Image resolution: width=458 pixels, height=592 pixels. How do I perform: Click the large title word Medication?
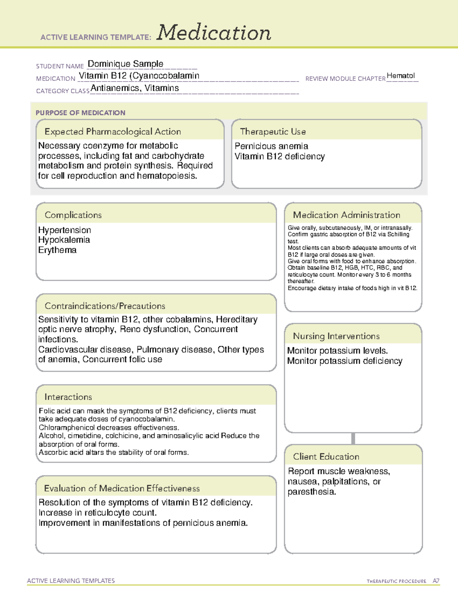tap(214, 33)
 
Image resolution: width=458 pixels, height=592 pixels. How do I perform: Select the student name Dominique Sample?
tap(125, 64)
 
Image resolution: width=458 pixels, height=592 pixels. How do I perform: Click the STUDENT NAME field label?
tap(60, 66)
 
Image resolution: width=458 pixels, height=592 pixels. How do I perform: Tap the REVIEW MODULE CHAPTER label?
tap(345, 79)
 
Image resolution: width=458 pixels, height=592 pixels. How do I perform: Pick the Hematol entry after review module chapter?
tap(400, 75)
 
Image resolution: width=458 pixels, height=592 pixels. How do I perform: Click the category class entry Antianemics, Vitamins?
tap(135, 88)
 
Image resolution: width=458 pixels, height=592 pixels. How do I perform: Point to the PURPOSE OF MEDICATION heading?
tap(80, 113)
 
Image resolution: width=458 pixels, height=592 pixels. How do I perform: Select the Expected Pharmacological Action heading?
tap(113, 132)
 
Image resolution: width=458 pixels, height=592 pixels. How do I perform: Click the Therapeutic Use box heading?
tap(273, 132)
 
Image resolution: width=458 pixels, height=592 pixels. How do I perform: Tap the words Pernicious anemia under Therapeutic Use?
tap(271, 146)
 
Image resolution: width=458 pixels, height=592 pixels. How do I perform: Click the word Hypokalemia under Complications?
tap(64, 240)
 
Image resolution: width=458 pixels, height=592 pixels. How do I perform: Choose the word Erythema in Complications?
tap(57, 250)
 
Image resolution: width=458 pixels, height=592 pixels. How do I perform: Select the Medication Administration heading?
tap(346, 215)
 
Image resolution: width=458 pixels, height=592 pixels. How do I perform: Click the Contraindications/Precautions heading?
tap(105, 306)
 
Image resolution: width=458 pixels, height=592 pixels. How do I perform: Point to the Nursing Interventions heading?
tap(336, 336)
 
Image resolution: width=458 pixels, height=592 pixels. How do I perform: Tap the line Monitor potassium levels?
tap(337, 351)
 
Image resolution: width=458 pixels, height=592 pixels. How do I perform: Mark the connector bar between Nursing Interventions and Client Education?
tap(353, 438)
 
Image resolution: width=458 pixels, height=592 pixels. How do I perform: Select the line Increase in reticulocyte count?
tap(98, 513)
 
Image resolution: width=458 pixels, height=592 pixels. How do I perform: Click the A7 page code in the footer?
tap(436, 581)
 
